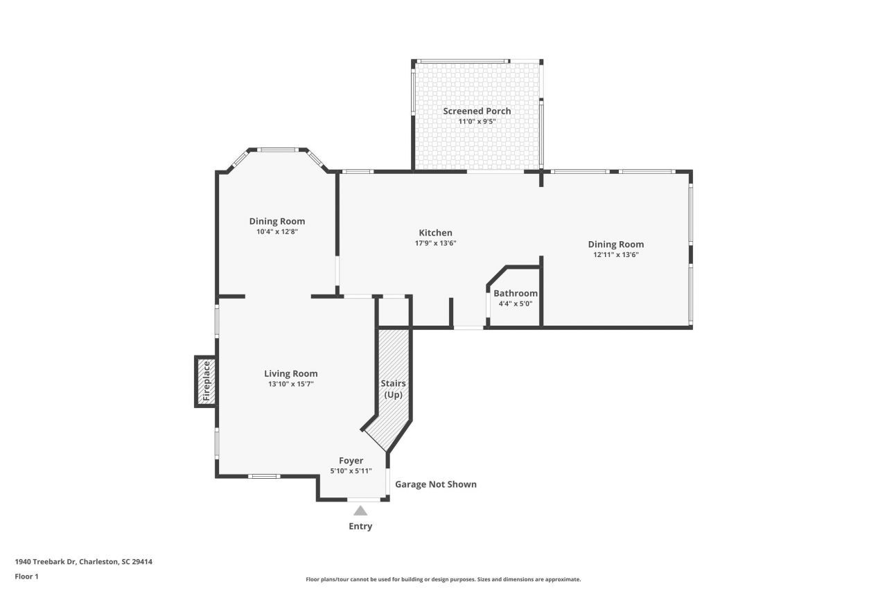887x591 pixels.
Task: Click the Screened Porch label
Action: tap(477, 111)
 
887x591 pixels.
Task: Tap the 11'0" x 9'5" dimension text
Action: tap(477, 121)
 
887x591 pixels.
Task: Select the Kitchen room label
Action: tap(435, 233)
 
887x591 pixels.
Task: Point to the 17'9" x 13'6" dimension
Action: tap(435, 243)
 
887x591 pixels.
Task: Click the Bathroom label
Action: tap(515, 293)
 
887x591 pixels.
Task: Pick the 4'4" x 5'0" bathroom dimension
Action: tap(515, 303)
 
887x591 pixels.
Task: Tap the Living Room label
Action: tap(290, 373)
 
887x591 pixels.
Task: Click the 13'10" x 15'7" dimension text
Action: tap(290, 384)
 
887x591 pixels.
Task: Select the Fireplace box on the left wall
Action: tap(205, 381)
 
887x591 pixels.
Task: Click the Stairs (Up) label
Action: tap(394, 389)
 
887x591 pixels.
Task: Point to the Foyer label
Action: tap(351, 461)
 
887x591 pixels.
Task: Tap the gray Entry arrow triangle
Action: tap(360, 511)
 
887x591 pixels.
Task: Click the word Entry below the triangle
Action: tap(360, 527)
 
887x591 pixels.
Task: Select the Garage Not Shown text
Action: tap(436, 484)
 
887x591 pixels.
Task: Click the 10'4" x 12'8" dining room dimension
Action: tap(277, 232)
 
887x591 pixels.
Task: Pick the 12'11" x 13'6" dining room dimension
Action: tap(616, 254)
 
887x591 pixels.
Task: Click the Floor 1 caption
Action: tap(26, 576)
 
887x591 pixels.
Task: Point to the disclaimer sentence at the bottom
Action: tap(443, 579)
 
